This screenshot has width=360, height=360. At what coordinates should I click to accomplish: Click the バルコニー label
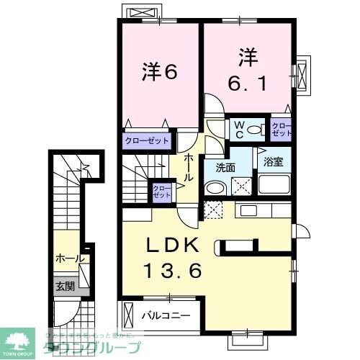(166, 315)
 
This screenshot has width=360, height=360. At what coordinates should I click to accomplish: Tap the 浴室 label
(273, 161)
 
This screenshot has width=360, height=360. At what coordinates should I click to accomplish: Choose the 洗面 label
(215, 167)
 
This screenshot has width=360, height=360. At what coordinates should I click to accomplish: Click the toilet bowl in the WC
(253, 130)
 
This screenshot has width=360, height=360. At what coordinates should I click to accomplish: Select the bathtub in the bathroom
(274, 185)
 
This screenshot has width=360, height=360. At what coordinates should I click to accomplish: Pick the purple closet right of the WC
(282, 129)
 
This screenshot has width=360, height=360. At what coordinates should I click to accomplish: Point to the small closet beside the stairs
(161, 192)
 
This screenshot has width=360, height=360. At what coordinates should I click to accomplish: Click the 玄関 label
(65, 286)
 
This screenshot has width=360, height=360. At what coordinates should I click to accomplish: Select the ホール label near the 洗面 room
(189, 166)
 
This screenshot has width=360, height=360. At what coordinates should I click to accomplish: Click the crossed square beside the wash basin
(240, 186)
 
